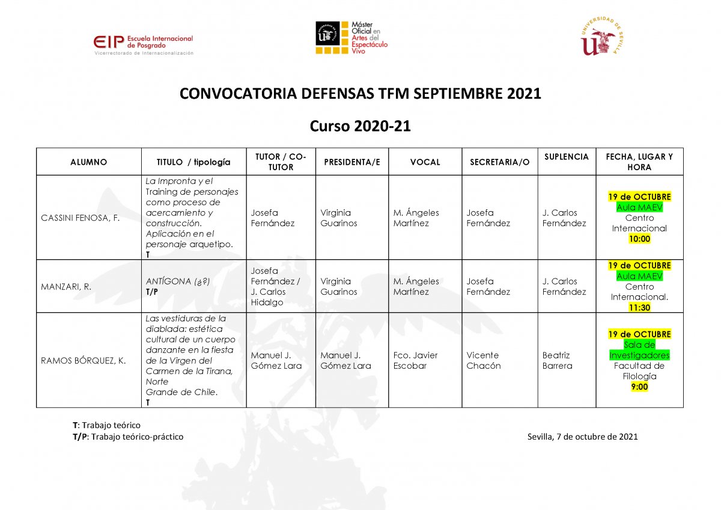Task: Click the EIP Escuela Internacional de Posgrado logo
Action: pos(144,45)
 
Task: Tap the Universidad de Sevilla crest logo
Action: pos(601,36)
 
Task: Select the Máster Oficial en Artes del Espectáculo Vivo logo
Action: pos(351,38)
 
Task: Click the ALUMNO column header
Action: pos(88,162)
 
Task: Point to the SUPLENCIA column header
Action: pos(567,157)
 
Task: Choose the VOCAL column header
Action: pos(425,162)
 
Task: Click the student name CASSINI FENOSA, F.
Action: pos(80,218)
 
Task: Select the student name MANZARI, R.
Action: pos(66,287)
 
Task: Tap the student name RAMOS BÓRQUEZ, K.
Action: pos(83,360)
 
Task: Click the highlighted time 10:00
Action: pos(639,239)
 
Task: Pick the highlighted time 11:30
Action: pos(639,307)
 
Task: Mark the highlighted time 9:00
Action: pos(639,387)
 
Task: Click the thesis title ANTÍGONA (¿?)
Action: pos(178,281)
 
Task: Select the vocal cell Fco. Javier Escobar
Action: pos(415,360)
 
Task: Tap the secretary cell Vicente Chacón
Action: pos(484,360)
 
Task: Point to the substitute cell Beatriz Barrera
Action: pos(557,360)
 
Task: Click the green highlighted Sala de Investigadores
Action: pos(639,350)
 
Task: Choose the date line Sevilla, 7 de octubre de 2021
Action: pos(582,437)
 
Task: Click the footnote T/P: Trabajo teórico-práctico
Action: pos(128,437)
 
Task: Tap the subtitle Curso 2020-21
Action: pos(360,126)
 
